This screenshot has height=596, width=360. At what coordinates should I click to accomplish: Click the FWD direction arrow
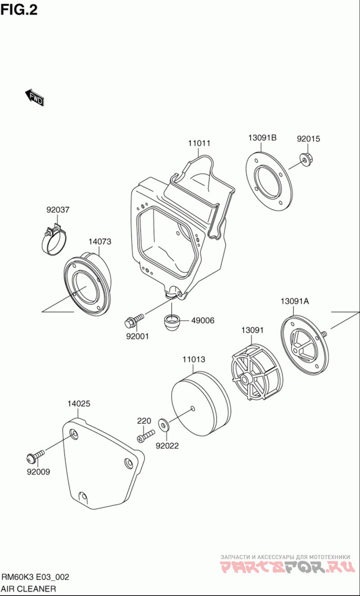point(34,97)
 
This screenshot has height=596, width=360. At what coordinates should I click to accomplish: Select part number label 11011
point(199,144)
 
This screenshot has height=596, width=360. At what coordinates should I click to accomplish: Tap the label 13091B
point(262,138)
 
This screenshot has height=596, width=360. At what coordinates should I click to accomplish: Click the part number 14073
point(99,241)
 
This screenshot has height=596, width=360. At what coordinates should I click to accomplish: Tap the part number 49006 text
point(202,321)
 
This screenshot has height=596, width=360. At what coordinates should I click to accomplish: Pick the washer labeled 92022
point(163,424)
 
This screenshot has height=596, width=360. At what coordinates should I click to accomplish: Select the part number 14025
point(79,404)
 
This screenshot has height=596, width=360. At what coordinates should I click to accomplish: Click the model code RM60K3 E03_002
point(36,577)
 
